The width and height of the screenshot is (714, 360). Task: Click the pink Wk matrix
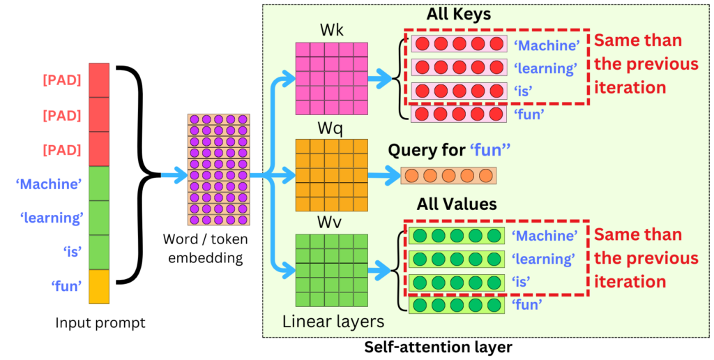(331, 78)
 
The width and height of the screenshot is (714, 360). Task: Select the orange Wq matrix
(331, 174)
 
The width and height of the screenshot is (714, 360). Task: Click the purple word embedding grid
(218, 170)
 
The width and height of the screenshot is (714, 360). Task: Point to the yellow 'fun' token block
(100, 286)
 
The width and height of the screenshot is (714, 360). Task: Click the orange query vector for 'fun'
(448, 175)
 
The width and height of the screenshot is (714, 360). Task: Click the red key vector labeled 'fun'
(458, 114)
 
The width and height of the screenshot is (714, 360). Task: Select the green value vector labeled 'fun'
(457, 305)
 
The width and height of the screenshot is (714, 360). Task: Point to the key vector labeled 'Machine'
(458, 44)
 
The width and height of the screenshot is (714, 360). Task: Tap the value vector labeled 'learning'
(457, 259)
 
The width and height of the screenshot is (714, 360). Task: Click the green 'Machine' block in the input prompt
(100, 183)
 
